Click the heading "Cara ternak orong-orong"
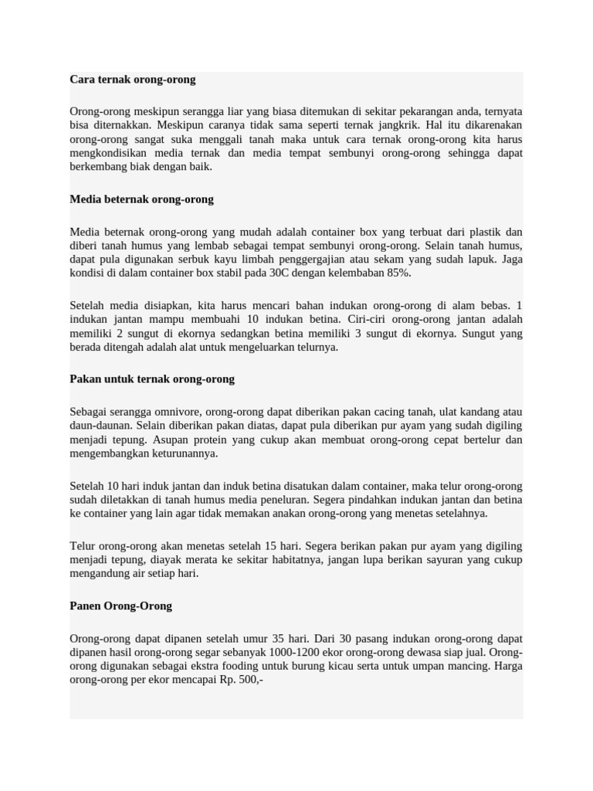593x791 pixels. click(132, 80)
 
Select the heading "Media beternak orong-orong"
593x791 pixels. click(141, 199)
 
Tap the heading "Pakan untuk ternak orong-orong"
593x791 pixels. click(152, 379)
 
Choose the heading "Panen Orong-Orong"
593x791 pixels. click(120, 606)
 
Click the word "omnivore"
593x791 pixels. click(177, 412)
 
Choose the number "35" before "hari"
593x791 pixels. click(279, 639)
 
